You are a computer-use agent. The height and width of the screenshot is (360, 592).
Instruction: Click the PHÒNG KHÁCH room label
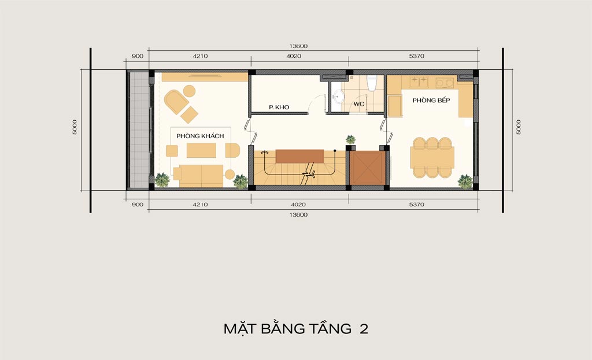[x=200, y=136]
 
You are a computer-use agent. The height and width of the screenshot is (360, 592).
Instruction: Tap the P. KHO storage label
[x=279, y=107]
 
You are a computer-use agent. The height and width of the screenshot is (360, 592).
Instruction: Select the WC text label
[x=358, y=104]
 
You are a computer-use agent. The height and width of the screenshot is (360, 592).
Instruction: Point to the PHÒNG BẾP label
[x=431, y=100]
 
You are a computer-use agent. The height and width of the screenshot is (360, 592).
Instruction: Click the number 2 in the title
[x=364, y=329]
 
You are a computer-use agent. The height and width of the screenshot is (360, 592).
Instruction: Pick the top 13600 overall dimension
[x=299, y=46]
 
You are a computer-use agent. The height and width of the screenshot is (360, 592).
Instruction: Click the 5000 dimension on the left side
[x=75, y=127]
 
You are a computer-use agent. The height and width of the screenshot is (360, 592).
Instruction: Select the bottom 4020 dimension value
[x=298, y=205]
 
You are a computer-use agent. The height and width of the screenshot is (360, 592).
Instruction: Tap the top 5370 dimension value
[x=416, y=56]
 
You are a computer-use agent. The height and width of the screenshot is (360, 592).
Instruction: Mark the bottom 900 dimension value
[x=138, y=205]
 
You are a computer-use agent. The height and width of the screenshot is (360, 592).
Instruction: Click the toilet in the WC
[x=372, y=83]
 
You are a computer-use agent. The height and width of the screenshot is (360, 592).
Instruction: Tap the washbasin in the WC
[x=338, y=97]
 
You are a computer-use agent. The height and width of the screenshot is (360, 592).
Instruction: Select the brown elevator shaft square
[x=367, y=168]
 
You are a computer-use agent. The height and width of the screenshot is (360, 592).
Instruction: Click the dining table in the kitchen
[x=432, y=157]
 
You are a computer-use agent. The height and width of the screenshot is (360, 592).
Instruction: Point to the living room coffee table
[x=201, y=150]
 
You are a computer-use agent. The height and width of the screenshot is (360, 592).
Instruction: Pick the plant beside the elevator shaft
[x=350, y=140]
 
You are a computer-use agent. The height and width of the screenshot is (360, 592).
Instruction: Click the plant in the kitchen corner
[x=465, y=181]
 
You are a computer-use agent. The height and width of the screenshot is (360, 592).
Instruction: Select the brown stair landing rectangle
[x=300, y=156]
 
